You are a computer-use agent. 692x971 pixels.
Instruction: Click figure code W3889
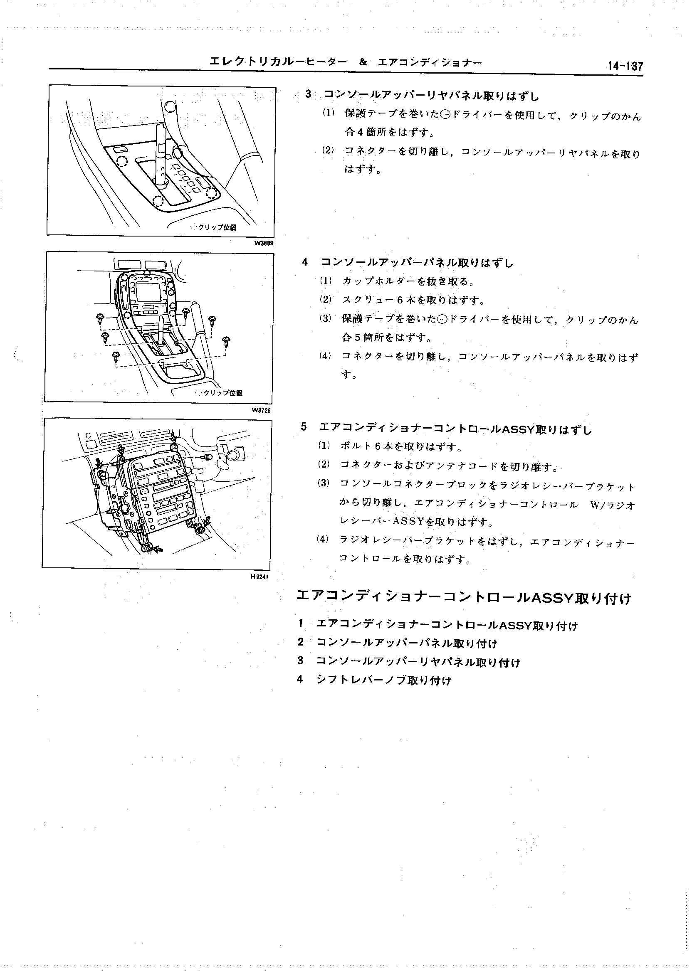[263, 243]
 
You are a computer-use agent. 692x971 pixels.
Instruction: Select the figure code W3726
[261, 410]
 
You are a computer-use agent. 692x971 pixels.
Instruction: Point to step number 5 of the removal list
[304, 427]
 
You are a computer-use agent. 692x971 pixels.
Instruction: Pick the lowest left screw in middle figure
[115, 356]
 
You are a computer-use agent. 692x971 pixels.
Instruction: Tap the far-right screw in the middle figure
[226, 341]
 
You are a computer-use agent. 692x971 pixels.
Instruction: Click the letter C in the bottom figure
[88, 435]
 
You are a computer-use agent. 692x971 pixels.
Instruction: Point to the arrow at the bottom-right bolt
[208, 521]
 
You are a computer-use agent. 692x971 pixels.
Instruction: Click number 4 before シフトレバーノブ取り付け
[300, 680]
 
